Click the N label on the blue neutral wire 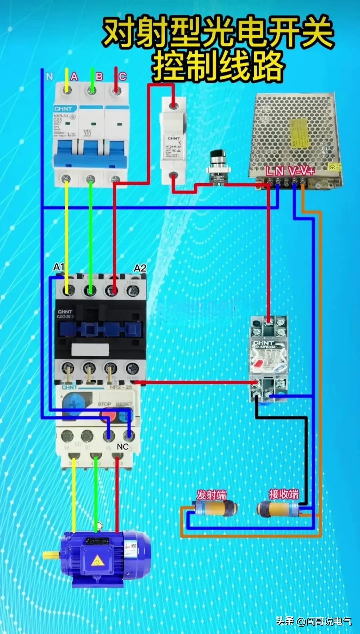click(50, 77)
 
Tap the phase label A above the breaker click(74, 77)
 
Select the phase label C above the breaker click(123, 77)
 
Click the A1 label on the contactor click(59, 267)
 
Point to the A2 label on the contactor click(140, 268)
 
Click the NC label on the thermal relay click(123, 446)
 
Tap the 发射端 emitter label click(211, 495)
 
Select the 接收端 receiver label click(284, 494)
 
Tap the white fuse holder click(173, 140)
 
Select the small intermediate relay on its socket click(269, 358)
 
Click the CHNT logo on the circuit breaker click(63, 109)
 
